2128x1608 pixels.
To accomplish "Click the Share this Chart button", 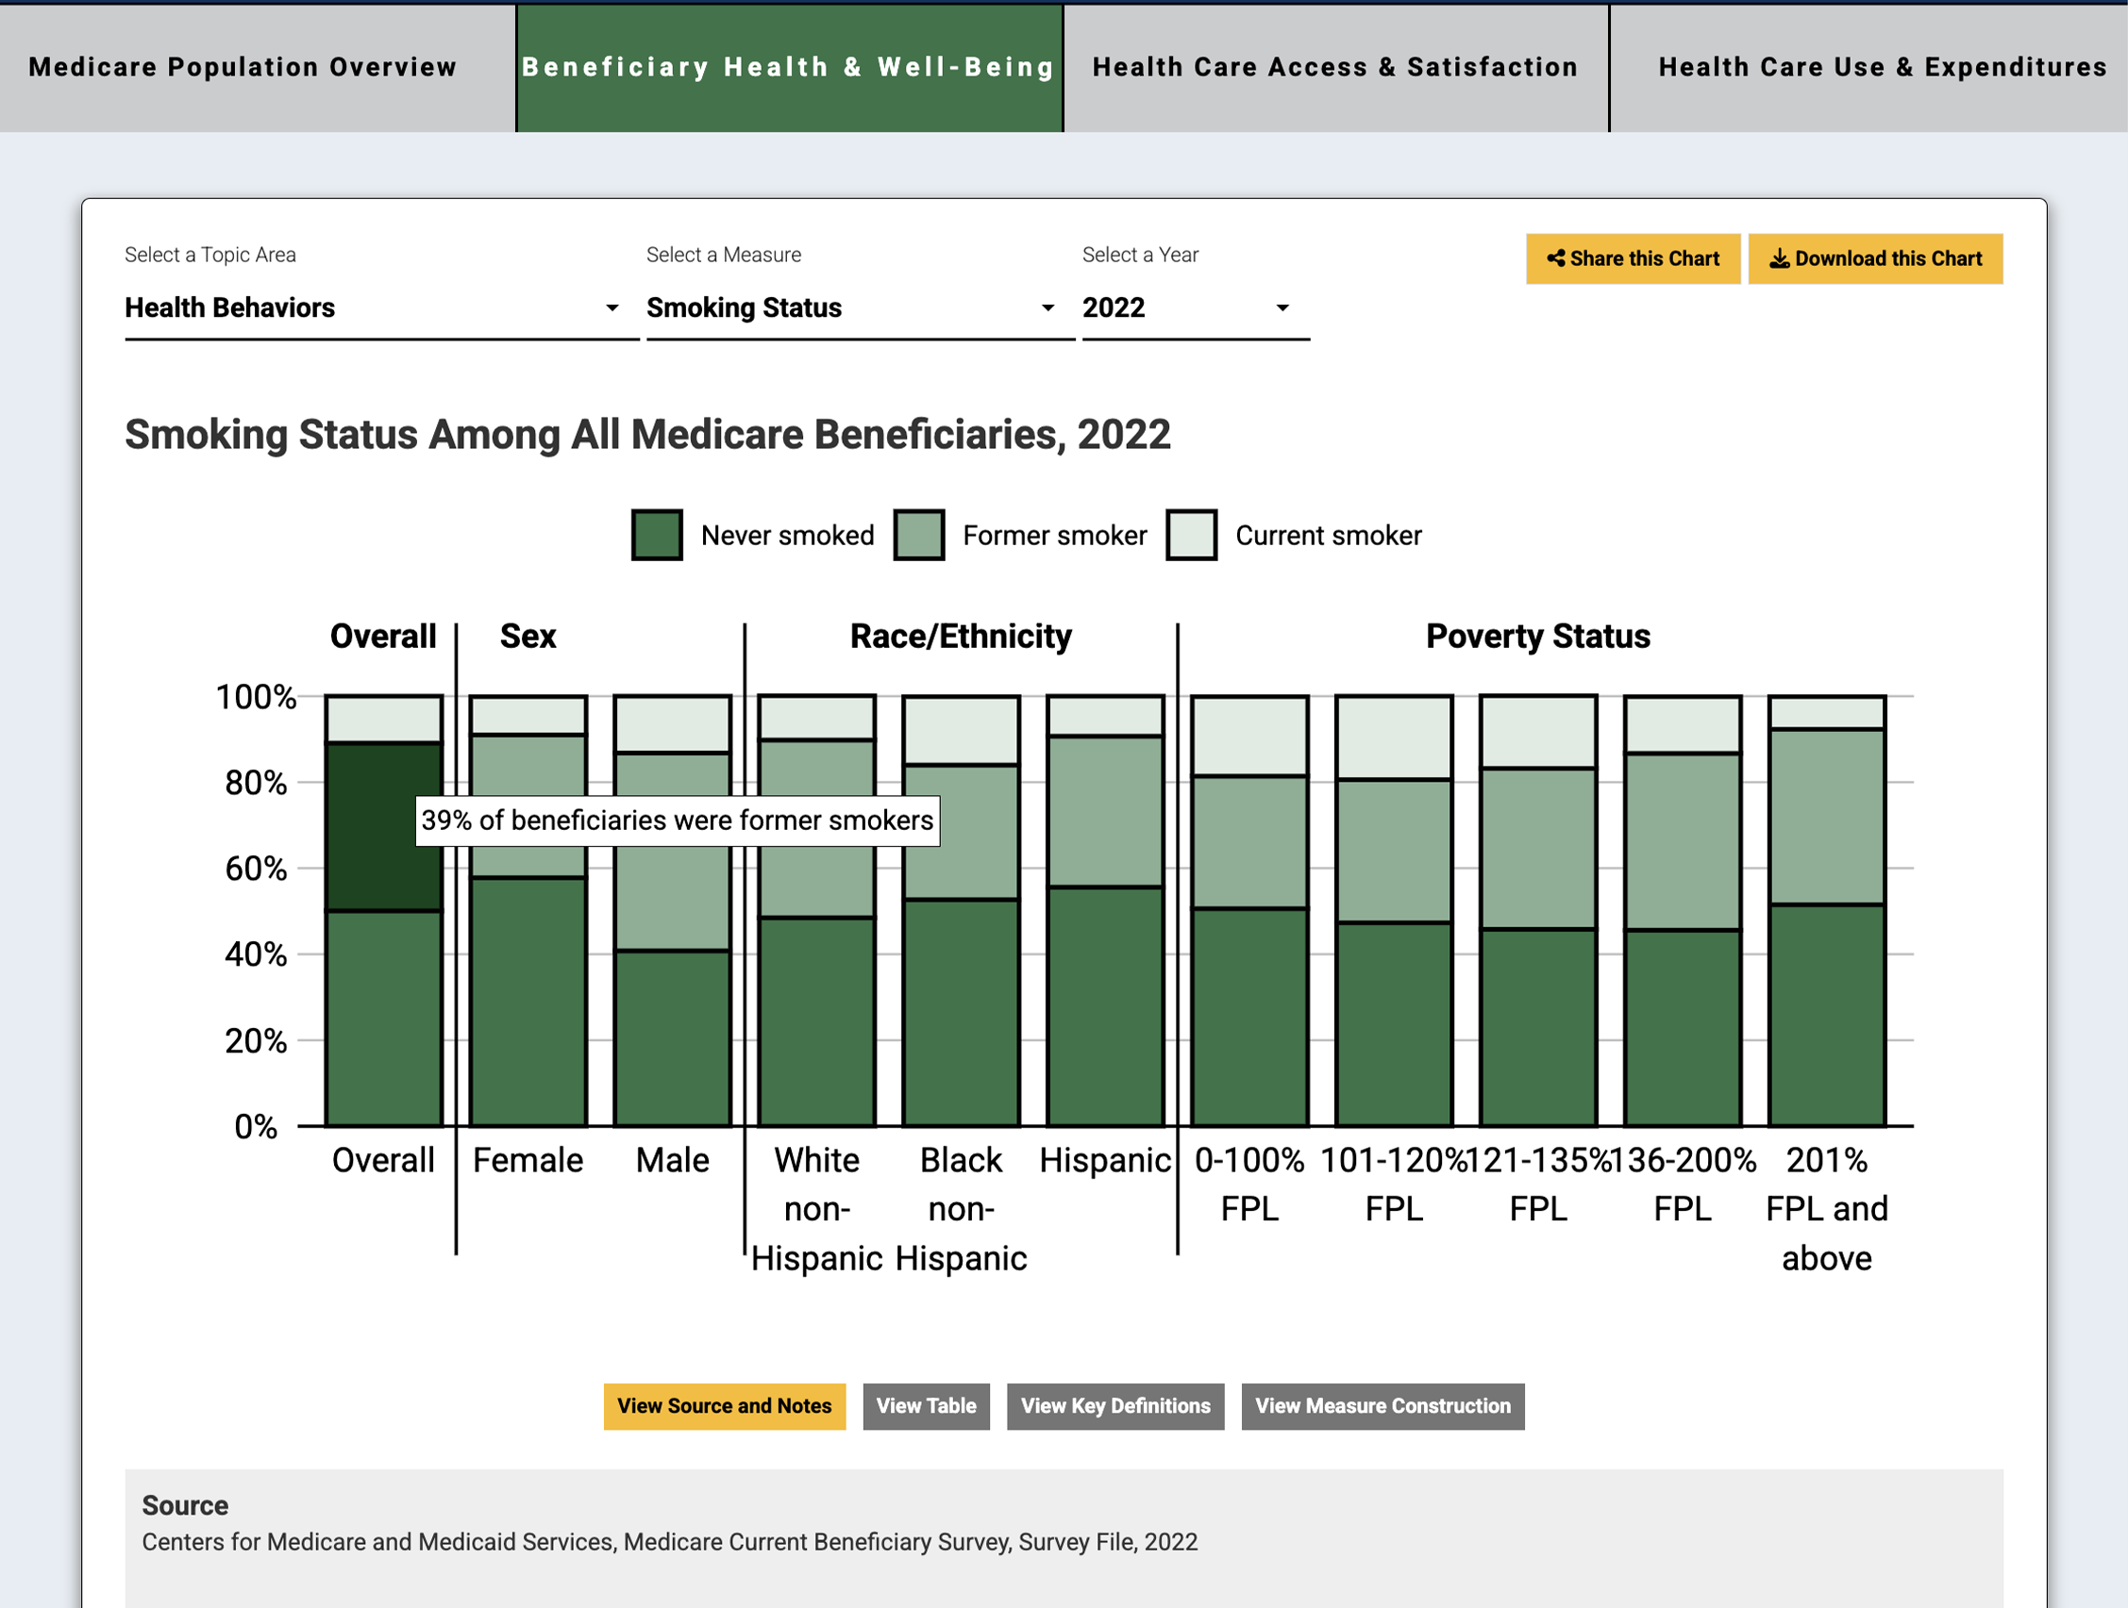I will [1633, 258].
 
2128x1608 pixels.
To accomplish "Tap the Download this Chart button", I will [1875, 258].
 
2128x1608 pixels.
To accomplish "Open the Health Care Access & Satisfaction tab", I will [1335, 67].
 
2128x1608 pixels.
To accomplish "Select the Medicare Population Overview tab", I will [243, 67].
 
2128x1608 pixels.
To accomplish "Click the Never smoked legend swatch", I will [657, 535].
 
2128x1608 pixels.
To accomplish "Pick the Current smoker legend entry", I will [1327, 535].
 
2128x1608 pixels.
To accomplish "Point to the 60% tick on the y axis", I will [255, 869].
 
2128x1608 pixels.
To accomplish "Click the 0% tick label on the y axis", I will [255, 1126].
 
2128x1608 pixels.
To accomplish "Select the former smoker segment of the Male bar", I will [673, 894].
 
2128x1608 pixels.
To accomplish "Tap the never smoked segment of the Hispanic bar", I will [1105, 1005].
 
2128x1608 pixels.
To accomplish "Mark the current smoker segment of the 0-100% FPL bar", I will [1249, 736].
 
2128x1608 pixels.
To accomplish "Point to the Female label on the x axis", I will [528, 1161].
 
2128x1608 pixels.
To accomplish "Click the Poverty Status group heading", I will [1537, 637].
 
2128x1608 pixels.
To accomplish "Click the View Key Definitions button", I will [1115, 1406].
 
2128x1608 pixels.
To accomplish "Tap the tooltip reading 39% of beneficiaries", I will [678, 821].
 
